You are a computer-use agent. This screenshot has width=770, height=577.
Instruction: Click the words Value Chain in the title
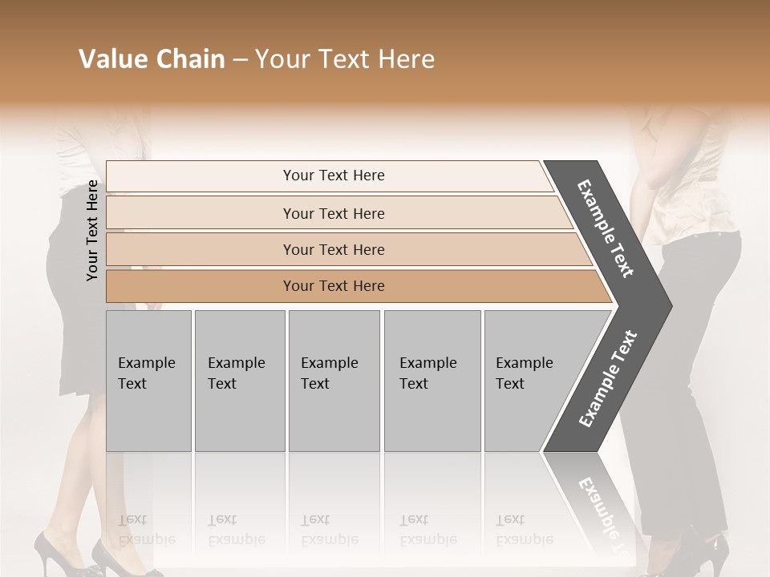coord(152,59)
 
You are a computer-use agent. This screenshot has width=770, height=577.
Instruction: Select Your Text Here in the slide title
coord(345,59)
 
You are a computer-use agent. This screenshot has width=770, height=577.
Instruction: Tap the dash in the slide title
coord(240,59)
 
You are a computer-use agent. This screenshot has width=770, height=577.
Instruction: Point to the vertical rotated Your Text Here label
coord(92,230)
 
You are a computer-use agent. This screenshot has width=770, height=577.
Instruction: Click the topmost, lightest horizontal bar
coord(334,176)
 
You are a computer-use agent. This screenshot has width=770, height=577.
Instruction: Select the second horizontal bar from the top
coord(334,213)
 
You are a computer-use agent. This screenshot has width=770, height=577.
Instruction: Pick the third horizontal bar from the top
coord(334,249)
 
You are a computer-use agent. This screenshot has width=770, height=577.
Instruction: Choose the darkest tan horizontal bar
coord(334,286)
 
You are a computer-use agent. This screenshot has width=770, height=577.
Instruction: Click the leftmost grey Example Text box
coord(148,380)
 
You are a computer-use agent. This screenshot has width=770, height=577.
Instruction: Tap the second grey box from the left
coord(240,380)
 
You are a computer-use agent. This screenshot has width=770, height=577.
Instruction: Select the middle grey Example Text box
coord(334,380)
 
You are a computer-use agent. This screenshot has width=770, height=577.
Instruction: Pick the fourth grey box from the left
coord(432,380)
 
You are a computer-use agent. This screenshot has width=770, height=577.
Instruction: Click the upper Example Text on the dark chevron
coord(606,228)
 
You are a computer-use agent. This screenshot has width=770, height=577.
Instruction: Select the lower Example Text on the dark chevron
coord(607,379)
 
